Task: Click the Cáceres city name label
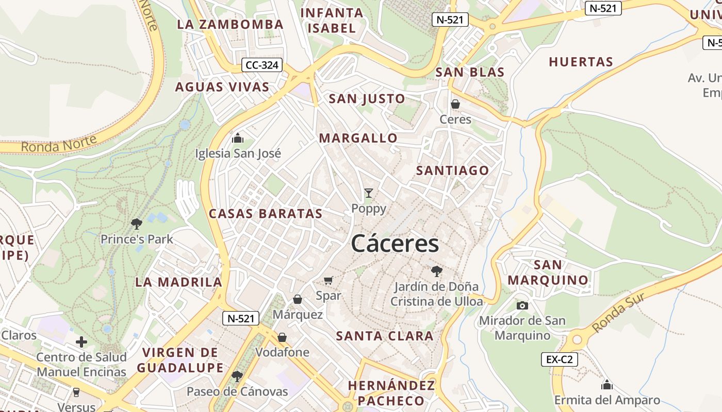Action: coord(395,244)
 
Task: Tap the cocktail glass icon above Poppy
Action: coord(368,193)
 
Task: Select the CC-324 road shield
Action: coord(262,65)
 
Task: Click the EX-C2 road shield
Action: coord(559,359)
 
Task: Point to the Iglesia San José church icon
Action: coord(238,138)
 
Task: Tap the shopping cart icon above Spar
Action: coord(329,280)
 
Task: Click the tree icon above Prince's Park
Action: coord(137,224)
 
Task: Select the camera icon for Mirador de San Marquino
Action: coord(522,305)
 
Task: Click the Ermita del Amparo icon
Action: coord(607,385)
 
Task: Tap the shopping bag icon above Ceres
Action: coord(455,104)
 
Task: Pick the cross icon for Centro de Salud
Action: coord(81,342)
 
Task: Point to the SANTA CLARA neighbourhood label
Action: coord(385,336)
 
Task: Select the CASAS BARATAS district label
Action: coord(266,214)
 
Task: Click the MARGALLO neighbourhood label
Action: coord(358,138)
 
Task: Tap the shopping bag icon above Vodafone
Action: coord(282,337)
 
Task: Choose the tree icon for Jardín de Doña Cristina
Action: coord(436,271)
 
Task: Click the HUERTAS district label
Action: coord(581,62)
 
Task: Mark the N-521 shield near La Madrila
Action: coord(240,318)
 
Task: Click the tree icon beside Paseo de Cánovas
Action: coord(237,376)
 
